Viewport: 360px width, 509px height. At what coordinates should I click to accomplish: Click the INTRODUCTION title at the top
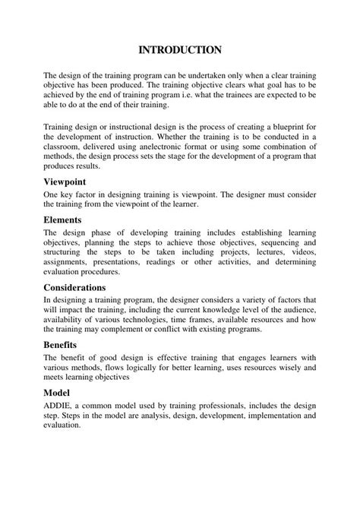[x=180, y=49]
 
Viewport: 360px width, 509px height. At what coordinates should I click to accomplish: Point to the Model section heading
[x=57, y=393]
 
